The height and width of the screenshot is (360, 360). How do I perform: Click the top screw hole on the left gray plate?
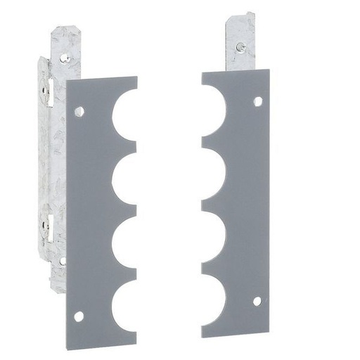coord(79,111)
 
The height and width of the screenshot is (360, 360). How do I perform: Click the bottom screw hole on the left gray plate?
coord(79,316)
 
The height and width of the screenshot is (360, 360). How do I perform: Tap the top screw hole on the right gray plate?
coord(258,101)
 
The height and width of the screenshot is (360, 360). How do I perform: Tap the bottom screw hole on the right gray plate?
coord(257,300)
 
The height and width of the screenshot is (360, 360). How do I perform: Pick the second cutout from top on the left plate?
coord(126,179)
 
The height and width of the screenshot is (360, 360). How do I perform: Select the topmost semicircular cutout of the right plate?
coord(213,105)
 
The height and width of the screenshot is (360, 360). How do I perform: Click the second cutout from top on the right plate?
coord(213,169)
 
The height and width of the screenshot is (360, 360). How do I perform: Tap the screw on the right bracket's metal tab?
coord(240,48)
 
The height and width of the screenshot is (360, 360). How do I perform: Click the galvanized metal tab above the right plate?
coord(240,42)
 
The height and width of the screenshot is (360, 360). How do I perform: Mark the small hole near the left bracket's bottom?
coord(63,261)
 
